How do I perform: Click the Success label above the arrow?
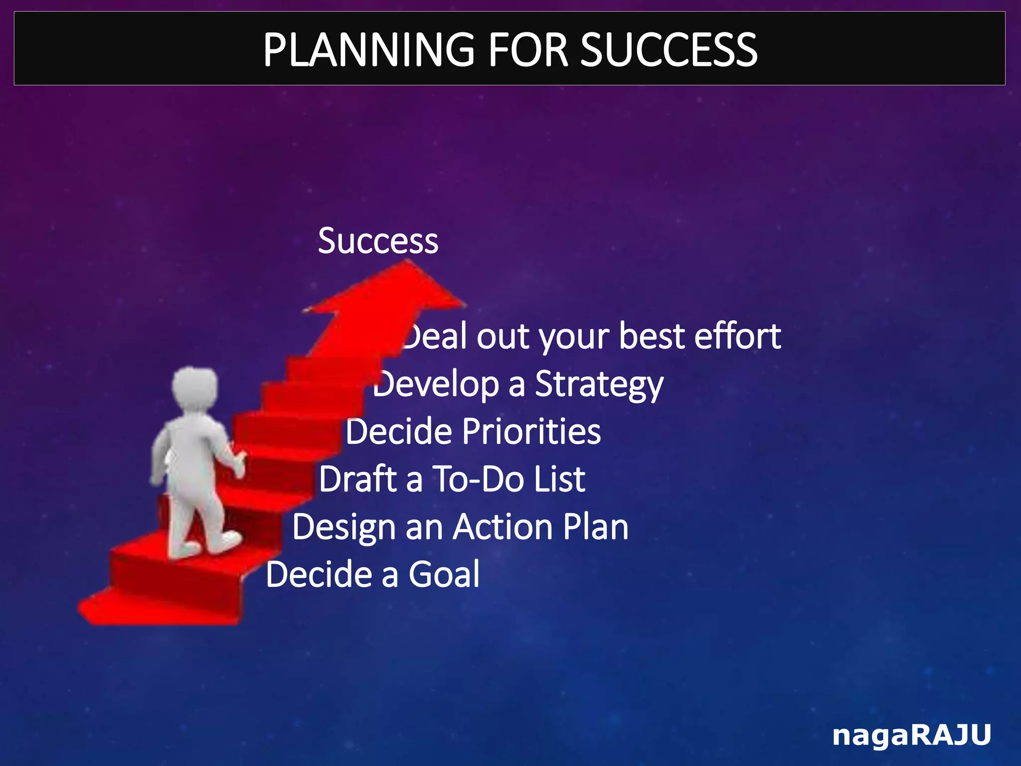[378, 241]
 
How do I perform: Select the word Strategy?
[599, 384]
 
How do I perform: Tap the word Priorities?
[531, 431]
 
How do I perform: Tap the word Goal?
[444, 574]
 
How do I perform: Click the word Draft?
[358, 479]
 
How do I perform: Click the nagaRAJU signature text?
[911, 736]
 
